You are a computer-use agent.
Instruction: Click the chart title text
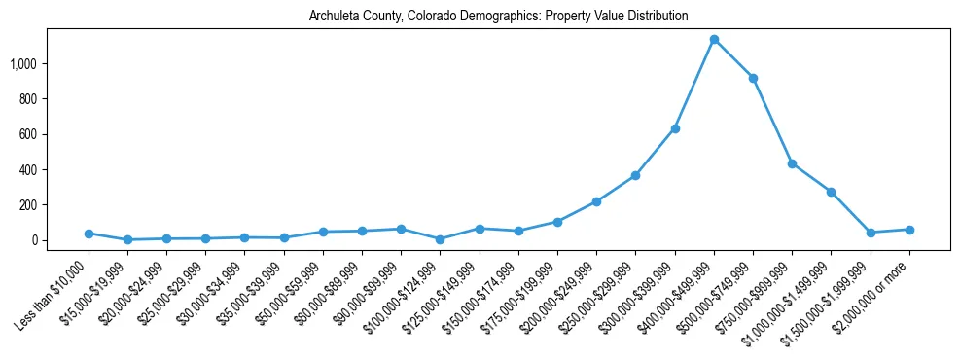(x=498, y=17)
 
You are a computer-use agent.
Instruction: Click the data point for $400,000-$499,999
(x=714, y=40)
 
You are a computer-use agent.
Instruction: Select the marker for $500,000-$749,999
(x=753, y=78)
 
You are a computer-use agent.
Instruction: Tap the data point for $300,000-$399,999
(x=675, y=128)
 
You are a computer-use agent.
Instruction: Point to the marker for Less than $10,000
(x=89, y=234)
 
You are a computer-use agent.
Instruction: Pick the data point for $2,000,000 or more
(x=909, y=230)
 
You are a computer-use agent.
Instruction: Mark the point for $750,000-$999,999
(x=793, y=163)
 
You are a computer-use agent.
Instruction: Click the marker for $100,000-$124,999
(x=441, y=239)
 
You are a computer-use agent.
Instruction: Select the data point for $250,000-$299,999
(x=635, y=175)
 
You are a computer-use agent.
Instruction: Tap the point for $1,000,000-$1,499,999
(x=831, y=192)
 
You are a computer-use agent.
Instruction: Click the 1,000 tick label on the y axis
(x=23, y=64)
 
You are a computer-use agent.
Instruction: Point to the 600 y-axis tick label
(x=28, y=134)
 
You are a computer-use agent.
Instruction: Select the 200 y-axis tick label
(x=28, y=205)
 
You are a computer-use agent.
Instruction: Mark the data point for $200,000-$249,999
(x=596, y=201)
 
